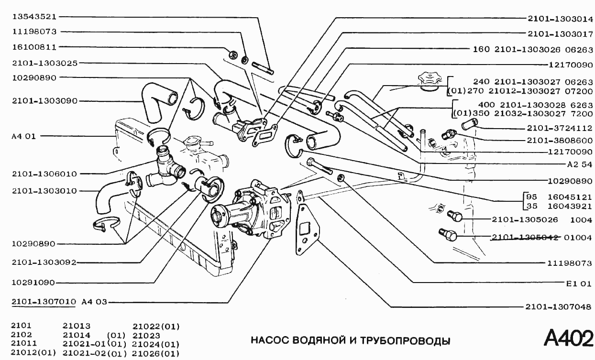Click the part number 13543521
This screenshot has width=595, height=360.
(x=34, y=16)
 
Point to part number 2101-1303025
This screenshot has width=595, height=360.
(x=46, y=63)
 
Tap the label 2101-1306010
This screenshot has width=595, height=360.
(x=46, y=174)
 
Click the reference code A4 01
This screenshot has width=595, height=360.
(x=23, y=136)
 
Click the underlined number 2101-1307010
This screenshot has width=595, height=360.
(x=44, y=302)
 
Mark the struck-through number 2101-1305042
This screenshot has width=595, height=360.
(x=525, y=237)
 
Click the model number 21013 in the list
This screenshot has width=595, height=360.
(x=77, y=326)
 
